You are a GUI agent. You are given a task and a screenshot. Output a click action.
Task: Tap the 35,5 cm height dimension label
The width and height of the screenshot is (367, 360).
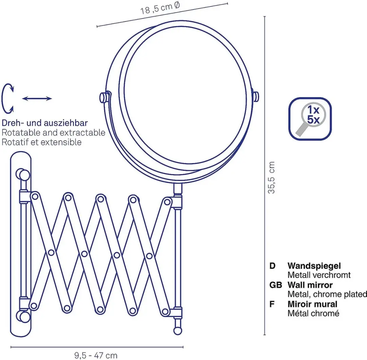[x=271, y=177]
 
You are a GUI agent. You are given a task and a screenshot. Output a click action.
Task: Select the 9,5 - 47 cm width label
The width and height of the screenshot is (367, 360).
[x=96, y=356]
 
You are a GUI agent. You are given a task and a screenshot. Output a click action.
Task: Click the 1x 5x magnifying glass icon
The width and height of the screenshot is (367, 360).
[x=310, y=119]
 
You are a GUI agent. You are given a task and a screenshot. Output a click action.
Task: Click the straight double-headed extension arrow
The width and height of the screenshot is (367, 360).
[x=37, y=99]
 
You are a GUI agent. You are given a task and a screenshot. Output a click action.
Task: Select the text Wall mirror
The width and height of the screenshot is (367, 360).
[x=310, y=285]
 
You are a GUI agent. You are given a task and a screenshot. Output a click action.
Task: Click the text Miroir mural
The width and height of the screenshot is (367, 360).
[x=312, y=304]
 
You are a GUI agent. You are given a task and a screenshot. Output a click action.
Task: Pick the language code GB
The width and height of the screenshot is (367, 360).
[x=276, y=285]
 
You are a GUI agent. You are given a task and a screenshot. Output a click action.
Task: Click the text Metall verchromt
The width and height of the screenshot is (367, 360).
[x=319, y=275]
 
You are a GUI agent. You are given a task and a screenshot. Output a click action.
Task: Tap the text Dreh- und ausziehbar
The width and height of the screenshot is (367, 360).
[x=45, y=123]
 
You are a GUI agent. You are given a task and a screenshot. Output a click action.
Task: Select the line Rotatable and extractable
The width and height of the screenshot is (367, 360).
[x=53, y=132]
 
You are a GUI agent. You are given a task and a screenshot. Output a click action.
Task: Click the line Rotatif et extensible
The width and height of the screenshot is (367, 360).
[x=41, y=142]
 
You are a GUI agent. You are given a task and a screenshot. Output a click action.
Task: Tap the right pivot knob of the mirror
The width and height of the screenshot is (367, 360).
[x=256, y=97]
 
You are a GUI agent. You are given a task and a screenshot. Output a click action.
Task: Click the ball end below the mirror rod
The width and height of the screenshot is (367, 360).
[x=178, y=331]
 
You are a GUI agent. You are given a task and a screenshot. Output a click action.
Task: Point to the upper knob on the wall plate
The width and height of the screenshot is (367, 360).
[x=23, y=175]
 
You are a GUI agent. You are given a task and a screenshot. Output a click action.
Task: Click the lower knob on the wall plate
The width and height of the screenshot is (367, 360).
[x=23, y=316]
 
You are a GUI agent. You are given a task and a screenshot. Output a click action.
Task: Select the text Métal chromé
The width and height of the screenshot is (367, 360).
[x=313, y=313]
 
